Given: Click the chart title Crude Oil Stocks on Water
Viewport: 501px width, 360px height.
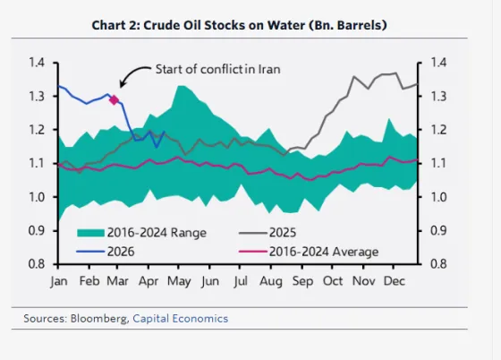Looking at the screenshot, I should pyautogui.click(x=240, y=24).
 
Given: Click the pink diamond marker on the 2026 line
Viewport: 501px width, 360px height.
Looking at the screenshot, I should pyautogui.click(x=114, y=99).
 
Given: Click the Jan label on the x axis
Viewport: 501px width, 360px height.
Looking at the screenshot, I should pyautogui.click(x=59, y=281).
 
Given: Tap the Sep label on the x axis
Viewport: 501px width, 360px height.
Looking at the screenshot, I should pyautogui.click(x=302, y=281).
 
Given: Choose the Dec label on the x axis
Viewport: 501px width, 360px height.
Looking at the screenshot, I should pyautogui.click(x=392, y=281).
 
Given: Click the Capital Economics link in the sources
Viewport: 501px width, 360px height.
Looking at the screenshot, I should pyautogui.click(x=180, y=318).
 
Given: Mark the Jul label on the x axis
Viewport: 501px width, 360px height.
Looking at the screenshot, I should pyautogui.click(x=240, y=281).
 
